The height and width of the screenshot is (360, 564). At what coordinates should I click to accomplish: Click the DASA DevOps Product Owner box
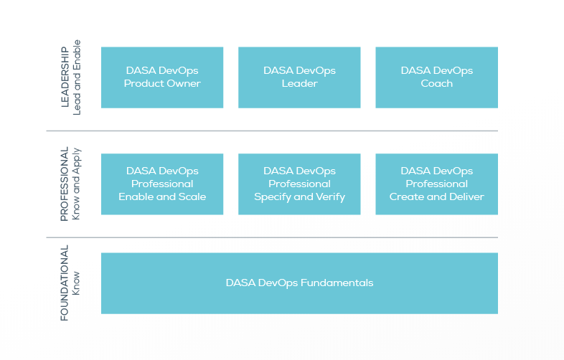coord(161,77)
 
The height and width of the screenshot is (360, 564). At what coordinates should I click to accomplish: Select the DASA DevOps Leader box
coord(299,77)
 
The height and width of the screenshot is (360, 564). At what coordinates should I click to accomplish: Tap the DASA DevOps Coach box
coord(436,77)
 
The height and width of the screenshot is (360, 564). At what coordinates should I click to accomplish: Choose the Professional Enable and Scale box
coord(161,184)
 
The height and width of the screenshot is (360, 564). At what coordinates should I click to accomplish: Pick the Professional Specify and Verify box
coord(299,184)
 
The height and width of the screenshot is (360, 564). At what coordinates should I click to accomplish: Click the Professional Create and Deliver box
coord(436,184)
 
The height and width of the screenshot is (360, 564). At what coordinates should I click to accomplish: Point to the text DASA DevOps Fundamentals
coord(299,283)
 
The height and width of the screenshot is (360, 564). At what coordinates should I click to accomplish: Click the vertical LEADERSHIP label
coord(65,77)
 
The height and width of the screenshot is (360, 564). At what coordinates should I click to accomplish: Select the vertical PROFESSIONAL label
coord(65,184)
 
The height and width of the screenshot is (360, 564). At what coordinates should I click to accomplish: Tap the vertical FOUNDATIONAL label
coord(65,283)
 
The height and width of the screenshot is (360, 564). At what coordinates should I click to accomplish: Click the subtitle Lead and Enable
coord(77,77)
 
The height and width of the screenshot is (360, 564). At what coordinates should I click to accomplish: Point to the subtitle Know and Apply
coord(77,184)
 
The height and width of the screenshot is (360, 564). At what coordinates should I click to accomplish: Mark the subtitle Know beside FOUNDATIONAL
coord(77,283)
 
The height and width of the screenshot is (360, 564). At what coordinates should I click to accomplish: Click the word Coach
coord(436,84)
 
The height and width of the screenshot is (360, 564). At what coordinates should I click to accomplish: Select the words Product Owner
coord(162,84)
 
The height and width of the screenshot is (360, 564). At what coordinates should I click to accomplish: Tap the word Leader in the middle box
coord(299,84)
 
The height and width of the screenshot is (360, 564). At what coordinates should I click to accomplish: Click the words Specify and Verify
coord(299,197)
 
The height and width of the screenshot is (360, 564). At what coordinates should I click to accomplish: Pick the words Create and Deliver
coord(436,197)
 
